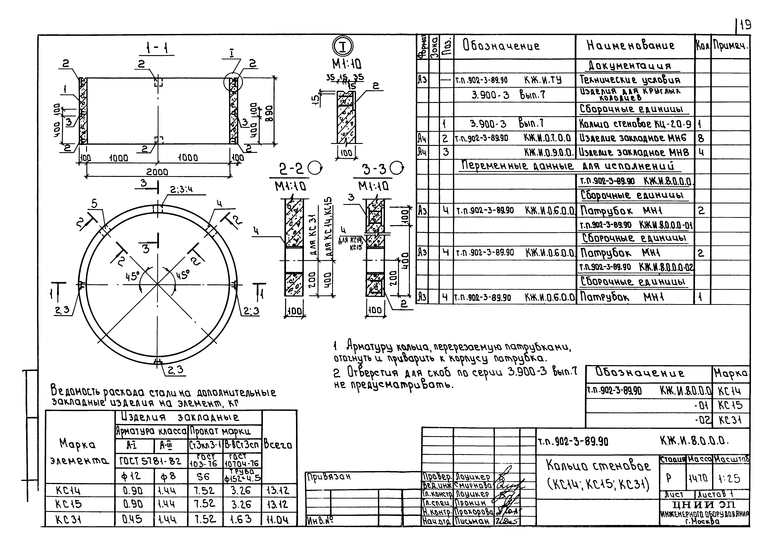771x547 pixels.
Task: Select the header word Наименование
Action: [631, 46]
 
